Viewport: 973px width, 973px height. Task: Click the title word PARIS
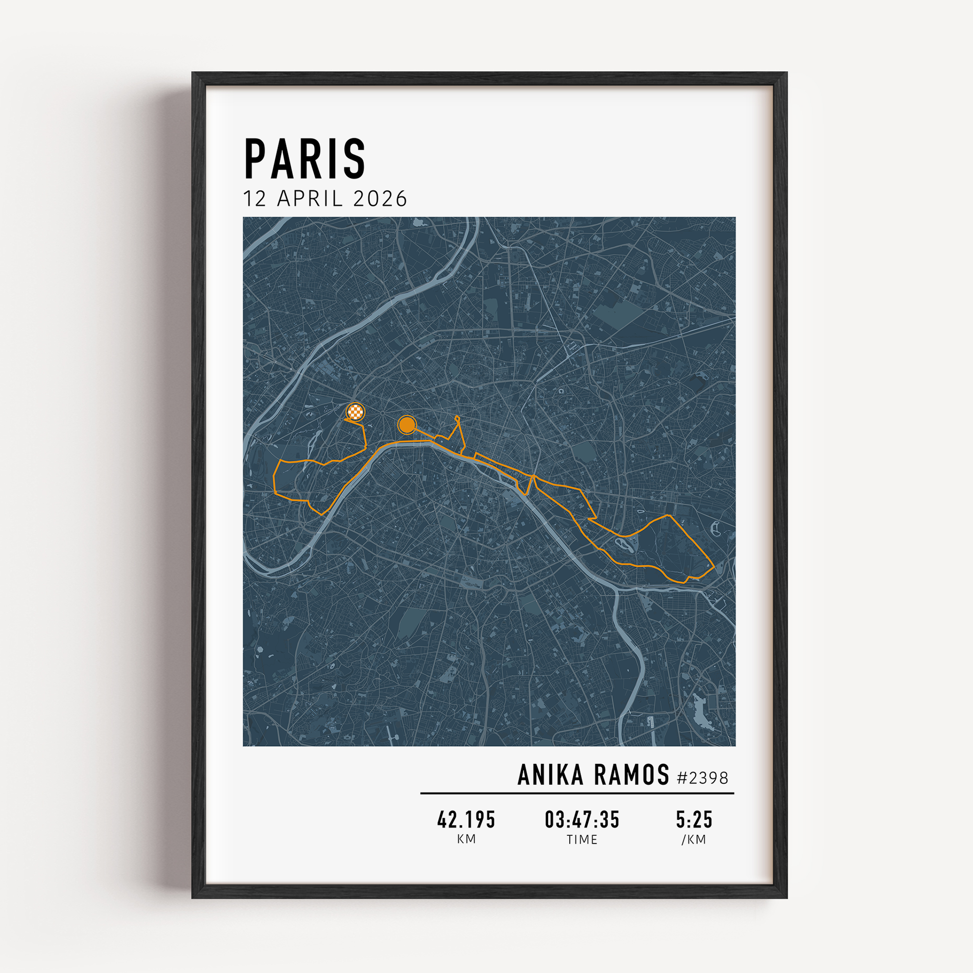pos(305,159)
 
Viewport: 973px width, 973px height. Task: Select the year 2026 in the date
pos(380,199)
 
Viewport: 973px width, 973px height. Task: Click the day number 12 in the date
pos(254,199)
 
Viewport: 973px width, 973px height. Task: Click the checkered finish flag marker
pos(356,412)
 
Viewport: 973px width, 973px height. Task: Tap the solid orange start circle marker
pos(406,425)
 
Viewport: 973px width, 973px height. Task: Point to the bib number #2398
pos(703,778)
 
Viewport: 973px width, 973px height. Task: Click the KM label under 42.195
pos(467,840)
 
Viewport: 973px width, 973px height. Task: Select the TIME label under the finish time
pos(582,840)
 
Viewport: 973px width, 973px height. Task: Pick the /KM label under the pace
pos(694,840)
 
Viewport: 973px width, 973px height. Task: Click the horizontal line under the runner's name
pos(577,793)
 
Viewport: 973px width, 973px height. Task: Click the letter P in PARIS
pos(256,159)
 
